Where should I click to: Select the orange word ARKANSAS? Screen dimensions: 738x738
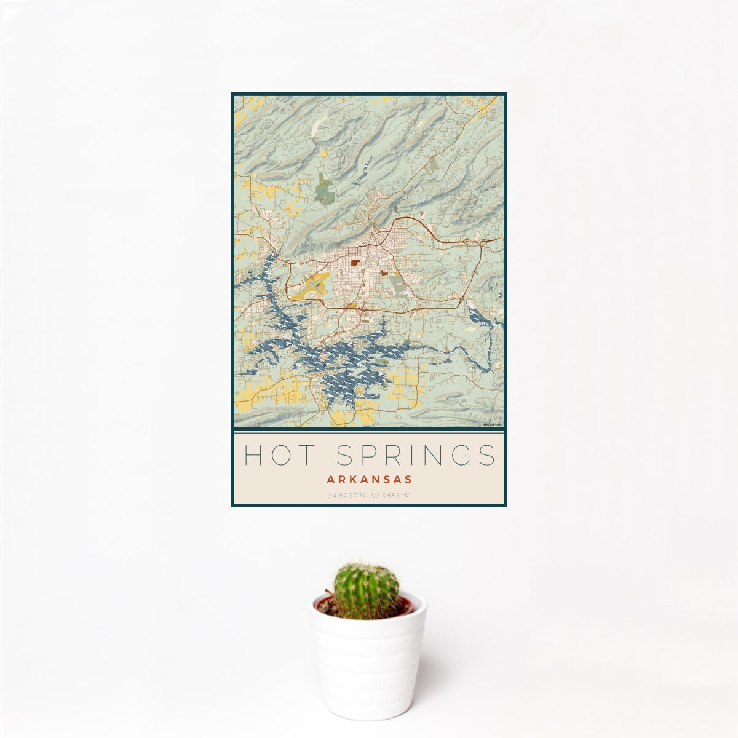pos(369,478)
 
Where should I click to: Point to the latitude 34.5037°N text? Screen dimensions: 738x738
pos(348,495)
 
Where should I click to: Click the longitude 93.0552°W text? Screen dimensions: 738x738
pos(391,495)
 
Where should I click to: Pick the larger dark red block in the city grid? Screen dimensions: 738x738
pos(355,263)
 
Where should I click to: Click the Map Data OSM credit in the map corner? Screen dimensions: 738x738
pos(493,424)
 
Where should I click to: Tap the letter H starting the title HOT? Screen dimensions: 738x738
pos(252,455)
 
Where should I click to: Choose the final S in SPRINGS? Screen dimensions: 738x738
pos(488,455)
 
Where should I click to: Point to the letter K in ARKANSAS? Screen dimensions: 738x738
pos(355,478)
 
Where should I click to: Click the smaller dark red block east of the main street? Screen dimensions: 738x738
pos(384,272)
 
